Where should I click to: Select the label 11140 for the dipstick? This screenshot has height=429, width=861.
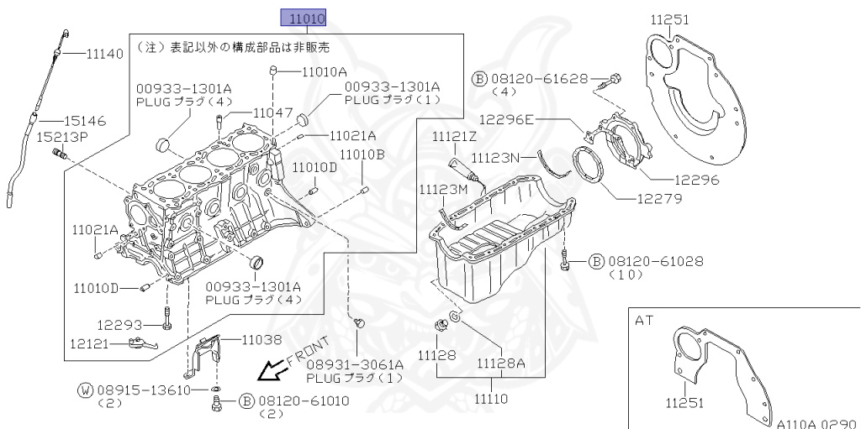pos(105,54)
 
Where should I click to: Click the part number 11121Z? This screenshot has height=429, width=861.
pos(454,136)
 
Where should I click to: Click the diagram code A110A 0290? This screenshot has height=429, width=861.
pos(816,423)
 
